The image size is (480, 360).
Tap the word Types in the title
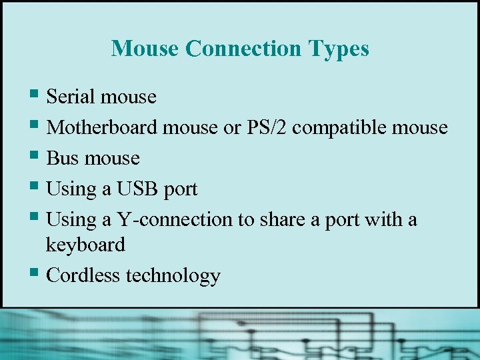point(338,49)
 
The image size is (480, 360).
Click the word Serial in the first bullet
point(71,97)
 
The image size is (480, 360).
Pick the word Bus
point(63,158)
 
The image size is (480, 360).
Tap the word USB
point(138,189)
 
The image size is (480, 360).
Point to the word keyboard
point(85,245)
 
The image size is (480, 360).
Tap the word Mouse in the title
point(146,49)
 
